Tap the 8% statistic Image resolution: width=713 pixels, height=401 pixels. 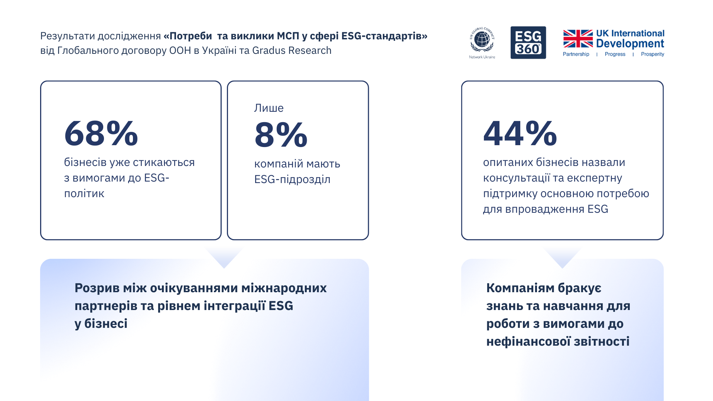pyautogui.click(x=281, y=134)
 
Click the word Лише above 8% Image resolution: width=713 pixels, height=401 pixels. pyautogui.click(x=269, y=108)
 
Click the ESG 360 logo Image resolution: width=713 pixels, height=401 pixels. pyautogui.click(x=528, y=43)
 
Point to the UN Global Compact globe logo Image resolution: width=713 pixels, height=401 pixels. pyautogui.click(x=482, y=40)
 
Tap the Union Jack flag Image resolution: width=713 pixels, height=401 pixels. pyautogui.click(x=578, y=39)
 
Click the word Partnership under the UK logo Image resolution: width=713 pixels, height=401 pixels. pyautogui.click(x=576, y=54)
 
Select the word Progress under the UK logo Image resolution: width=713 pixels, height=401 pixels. pyautogui.click(x=615, y=54)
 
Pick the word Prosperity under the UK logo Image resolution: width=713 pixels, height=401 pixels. pyautogui.click(x=652, y=54)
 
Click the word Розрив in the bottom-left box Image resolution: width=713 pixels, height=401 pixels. pyautogui.click(x=97, y=288)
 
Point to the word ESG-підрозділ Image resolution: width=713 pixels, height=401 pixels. pyautogui.click(x=292, y=179)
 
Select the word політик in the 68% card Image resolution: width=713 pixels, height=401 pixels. pyautogui.click(x=84, y=193)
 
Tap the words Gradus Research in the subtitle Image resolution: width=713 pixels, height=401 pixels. pyautogui.click(x=292, y=50)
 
